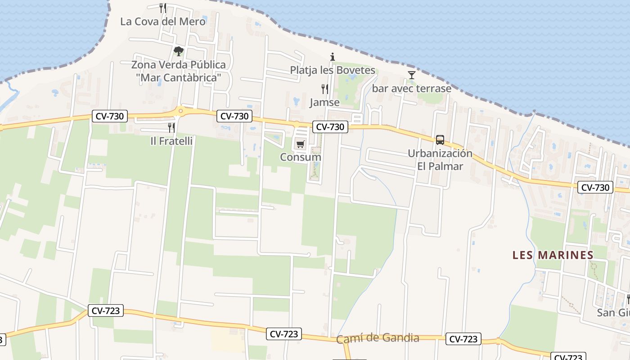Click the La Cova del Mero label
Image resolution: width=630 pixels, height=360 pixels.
point(163,22)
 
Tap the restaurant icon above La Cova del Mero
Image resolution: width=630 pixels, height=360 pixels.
point(163,8)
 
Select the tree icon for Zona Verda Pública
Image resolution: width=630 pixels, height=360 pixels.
point(179,51)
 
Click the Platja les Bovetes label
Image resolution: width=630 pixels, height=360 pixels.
point(332,70)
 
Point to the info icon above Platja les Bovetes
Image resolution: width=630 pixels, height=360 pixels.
point(333,57)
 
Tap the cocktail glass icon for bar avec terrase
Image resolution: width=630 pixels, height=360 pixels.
point(411,75)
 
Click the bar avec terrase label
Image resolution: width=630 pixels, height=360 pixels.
point(411,89)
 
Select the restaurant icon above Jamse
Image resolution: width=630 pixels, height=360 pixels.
point(324,89)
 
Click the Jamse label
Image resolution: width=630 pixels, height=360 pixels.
point(324,103)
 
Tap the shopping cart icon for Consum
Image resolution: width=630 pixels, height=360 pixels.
point(300,144)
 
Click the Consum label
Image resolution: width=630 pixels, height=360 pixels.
point(300,157)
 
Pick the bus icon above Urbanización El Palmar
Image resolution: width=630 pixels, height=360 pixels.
point(440,140)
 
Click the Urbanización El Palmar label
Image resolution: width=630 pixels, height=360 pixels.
point(440,160)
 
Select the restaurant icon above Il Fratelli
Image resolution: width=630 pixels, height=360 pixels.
point(171,128)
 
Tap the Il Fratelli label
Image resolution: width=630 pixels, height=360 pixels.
point(171,141)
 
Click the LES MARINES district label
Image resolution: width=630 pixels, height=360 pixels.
point(553,255)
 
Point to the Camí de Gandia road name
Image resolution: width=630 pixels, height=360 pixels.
point(378,338)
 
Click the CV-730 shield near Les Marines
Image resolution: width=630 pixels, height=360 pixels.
point(595,188)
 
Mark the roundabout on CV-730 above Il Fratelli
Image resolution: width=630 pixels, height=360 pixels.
point(180,110)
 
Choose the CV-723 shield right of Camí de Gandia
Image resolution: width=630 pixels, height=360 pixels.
point(463,339)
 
